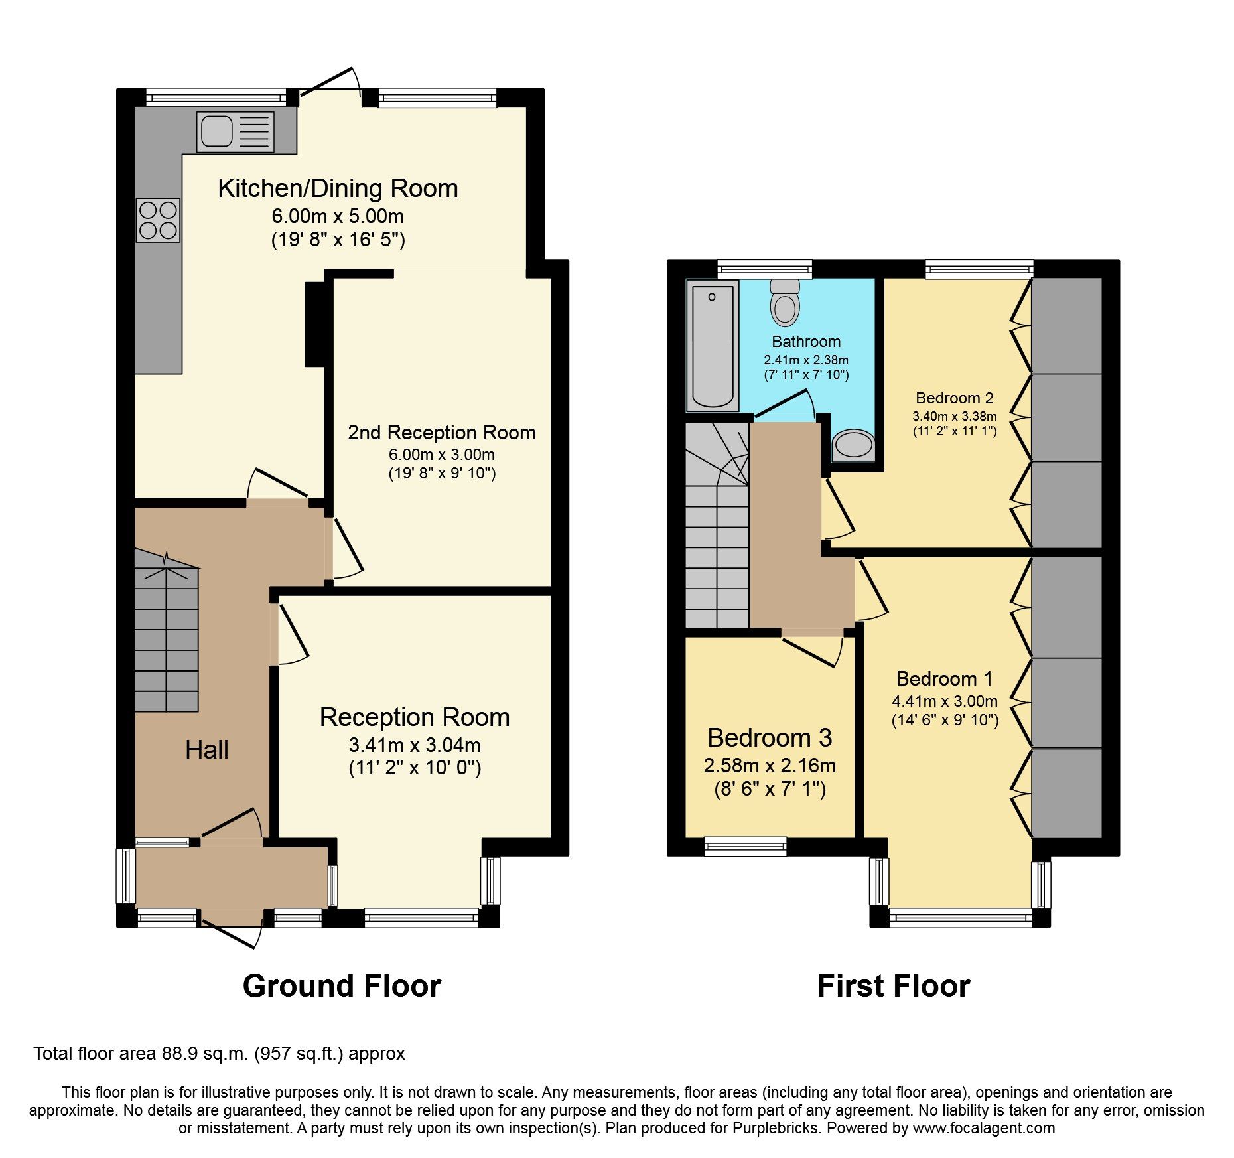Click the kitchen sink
tap(236, 131)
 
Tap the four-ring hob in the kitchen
tap(158, 220)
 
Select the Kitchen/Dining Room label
tap(338, 188)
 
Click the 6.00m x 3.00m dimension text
tap(441, 455)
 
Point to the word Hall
tap(206, 750)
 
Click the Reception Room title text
tap(414, 717)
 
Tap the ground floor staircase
tap(167, 637)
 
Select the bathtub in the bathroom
tap(713, 345)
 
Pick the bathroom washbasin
tap(853, 444)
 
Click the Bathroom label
tap(805, 342)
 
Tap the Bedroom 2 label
tap(954, 398)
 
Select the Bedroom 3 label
tap(769, 738)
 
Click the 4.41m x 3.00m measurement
tap(944, 701)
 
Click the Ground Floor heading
tap(342, 986)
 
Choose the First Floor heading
tap(893, 986)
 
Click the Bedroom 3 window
tap(745, 846)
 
